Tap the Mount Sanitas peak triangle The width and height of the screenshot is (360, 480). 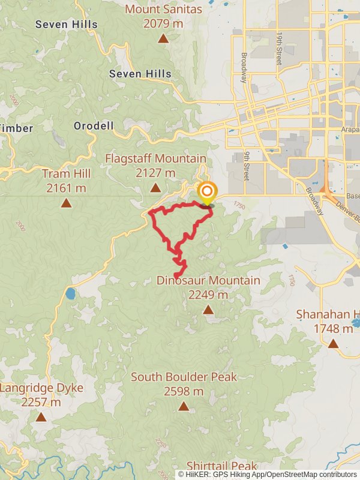pyautogui.click(x=163, y=39)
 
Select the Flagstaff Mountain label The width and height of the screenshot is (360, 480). pyautogui.click(x=155, y=158)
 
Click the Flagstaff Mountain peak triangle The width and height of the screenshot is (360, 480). pyautogui.click(x=155, y=188)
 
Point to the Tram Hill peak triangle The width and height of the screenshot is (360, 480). pyautogui.click(x=66, y=203)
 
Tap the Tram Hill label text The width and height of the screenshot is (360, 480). pyautogui.click(x=66, y=173)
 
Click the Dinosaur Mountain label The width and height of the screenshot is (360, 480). pyautogui.click(x=208, y=280)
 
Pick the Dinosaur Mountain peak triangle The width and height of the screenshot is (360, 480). pyautogui.click(x=208, y=310)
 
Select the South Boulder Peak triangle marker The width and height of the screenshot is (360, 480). pyautogui.click(x=184, y=406)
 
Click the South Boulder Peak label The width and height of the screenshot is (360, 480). pyautogui.click(x=184, y=377)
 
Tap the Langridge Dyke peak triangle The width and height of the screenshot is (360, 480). pyautogui.click(x=41, y=416)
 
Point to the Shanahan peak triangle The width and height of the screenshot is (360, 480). pyautogui.click(x=333, y=343)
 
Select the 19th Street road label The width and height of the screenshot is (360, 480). pyautogui.click(x=279, y=48)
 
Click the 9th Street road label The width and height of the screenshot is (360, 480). pyautogui.click(x=246, y=166)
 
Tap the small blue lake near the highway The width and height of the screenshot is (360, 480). pyautogui.click(x=71, y=293)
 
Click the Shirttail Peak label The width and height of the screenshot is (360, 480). pyautogui.click(x=221, y=466)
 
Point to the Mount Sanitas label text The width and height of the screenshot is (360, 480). pyautogui.click(x=163, y=10)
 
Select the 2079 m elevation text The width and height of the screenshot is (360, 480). pyautogui.click(x=163, y=23)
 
